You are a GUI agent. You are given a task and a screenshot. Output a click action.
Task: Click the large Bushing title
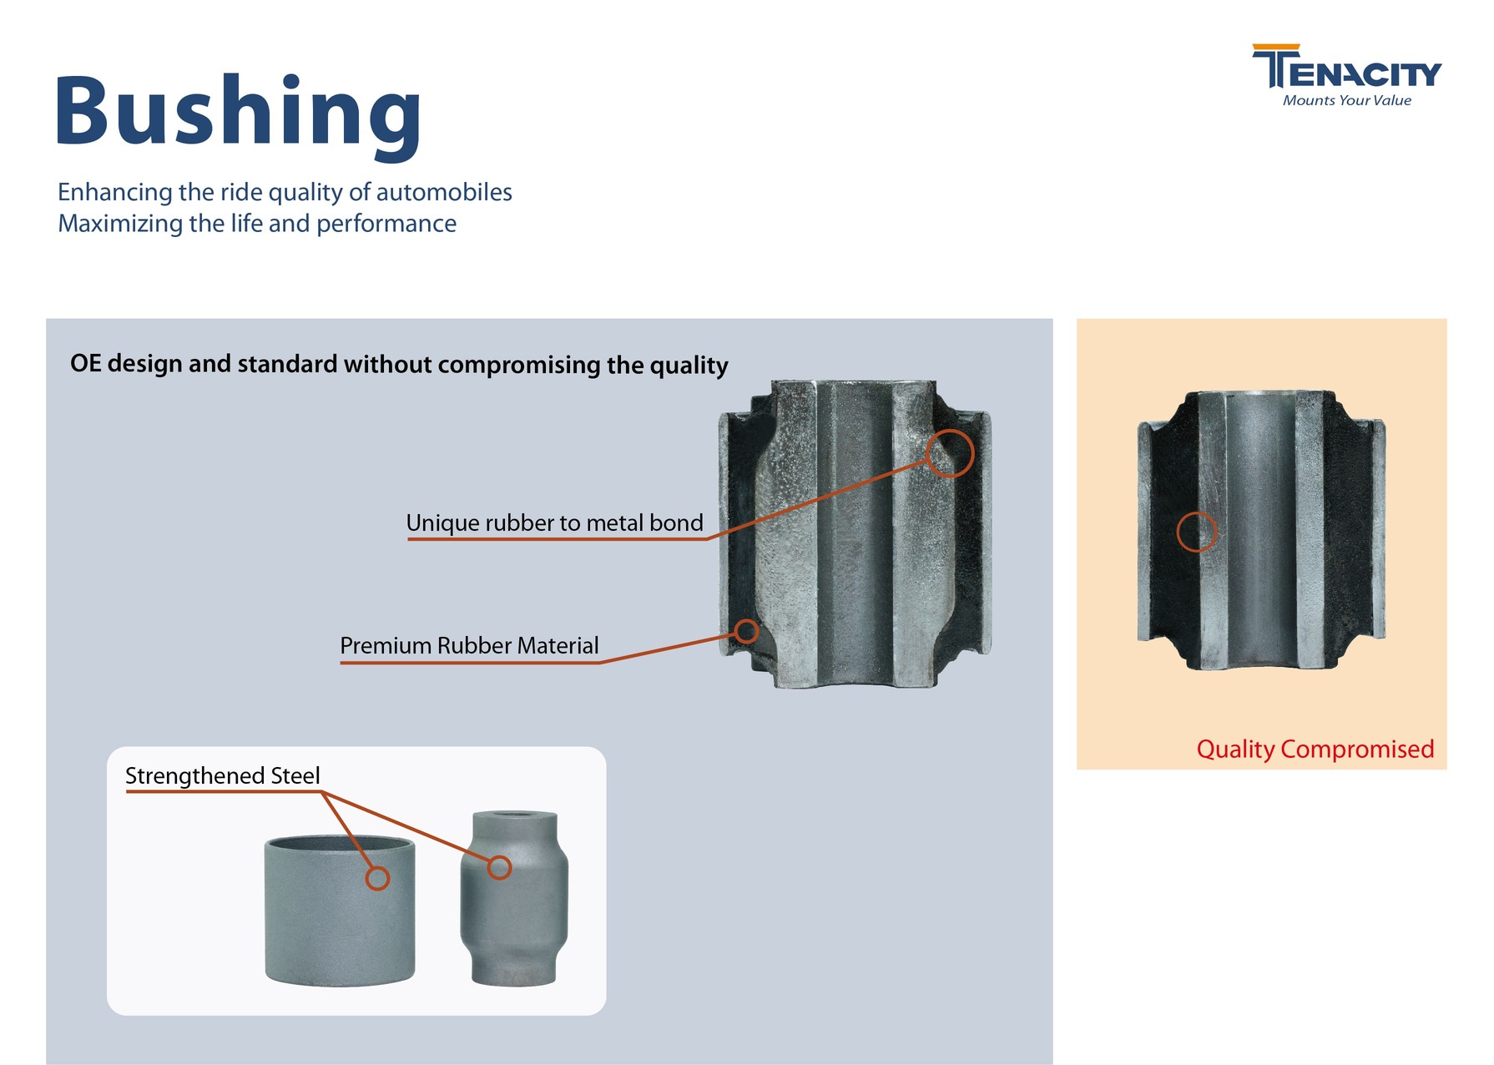pyautogui.click(x=238, y=113)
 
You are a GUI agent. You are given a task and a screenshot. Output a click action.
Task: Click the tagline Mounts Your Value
pyautogui.click(x=1346, y=101)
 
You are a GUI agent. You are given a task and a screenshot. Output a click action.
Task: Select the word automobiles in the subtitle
pyautogui.click(x=444, y=192)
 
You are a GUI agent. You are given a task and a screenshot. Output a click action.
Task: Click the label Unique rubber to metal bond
pyautogui.click(x=554, y=523)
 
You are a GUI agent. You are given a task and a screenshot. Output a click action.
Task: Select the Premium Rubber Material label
pyautogui.click(x=469, y=646)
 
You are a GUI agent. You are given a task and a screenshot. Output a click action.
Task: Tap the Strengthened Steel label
pyautogui.click(x=222, y=776)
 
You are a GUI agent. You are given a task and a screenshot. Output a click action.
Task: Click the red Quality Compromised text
pyautogui.click(x=1315, y=749)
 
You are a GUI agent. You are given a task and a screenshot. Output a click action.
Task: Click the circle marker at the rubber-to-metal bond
pyautogui.click(x=950, y=453)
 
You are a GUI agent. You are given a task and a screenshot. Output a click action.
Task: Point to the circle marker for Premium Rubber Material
pyautogui.click(x=746, y=631)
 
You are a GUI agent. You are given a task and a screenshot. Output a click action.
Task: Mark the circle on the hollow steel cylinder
pyautogui.click(x=377, y=878)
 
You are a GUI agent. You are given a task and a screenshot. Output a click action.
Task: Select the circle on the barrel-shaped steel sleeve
pyautogui.click(x=499, y=868)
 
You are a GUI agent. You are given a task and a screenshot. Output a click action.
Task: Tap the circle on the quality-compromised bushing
pyautogui.click(x=1196, y=532)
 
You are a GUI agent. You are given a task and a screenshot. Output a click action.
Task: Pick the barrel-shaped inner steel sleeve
pyautogui.click(x=514, y=918)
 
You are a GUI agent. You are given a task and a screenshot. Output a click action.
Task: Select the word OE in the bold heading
pyautogui.click(x=85, y=364)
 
